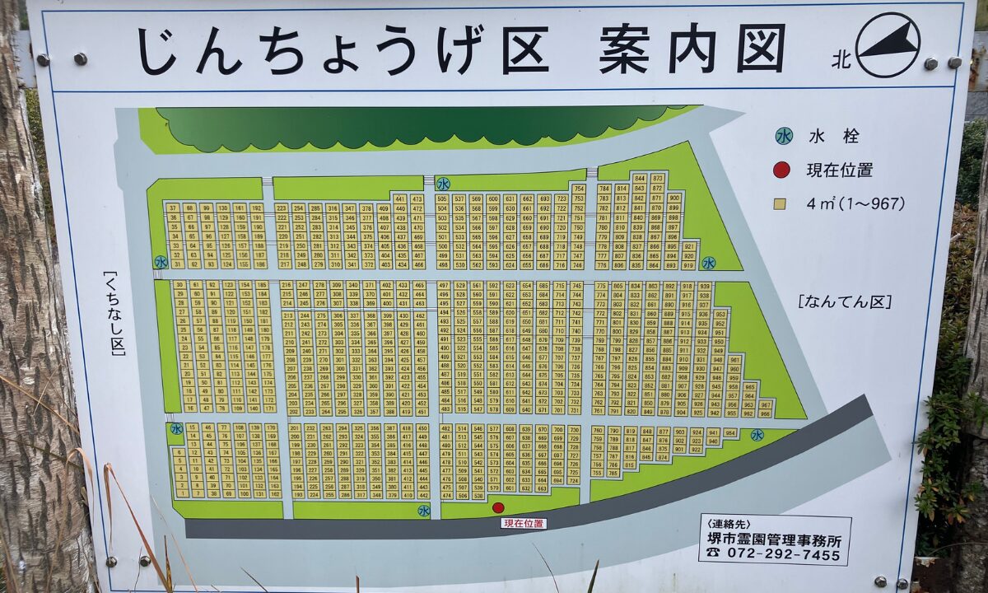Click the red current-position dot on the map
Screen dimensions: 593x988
(498, 507)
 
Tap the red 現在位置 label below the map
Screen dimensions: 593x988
(523, 523)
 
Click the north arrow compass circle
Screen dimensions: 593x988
(888, 44)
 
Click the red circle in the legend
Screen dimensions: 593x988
(782, 170)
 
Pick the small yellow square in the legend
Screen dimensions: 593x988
(781, 203)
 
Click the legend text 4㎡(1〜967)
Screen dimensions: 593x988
(855, 203)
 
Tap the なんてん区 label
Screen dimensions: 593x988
(845, 302)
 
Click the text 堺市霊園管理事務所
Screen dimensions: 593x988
(774, 540)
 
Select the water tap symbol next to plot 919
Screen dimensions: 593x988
(708, 263)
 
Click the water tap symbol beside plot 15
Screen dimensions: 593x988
(176, 428)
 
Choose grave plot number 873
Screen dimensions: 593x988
(657, 178)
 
